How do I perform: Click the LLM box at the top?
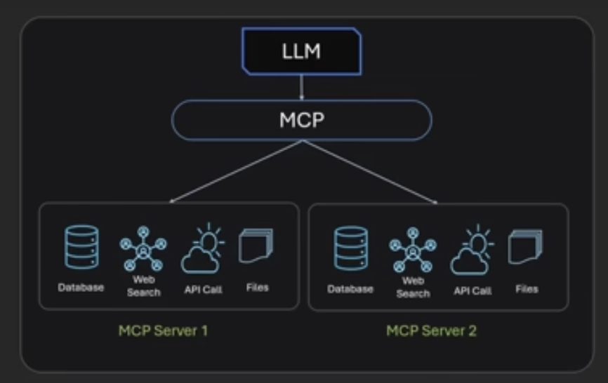(x=301, y=51)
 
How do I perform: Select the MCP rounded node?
(x=302, y=120)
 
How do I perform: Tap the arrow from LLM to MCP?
(x=302, y=88)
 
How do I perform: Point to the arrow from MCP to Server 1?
(x=236, y=172)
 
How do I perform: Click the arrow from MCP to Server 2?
(x=370, y=172)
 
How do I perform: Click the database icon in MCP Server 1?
(x=81, y=247)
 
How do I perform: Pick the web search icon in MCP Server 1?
(x=143, y=248)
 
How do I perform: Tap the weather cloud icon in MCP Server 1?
(x=202, y=248)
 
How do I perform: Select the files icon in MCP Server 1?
(x=256, y=246)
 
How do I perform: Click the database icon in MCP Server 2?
(x=351, y=248)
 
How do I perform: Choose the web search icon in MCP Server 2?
(x=413, y=250)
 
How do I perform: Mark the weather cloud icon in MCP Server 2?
(x=472, y=250)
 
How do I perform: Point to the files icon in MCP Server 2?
(x=525, y=247)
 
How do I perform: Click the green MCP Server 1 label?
(x=163, y=330)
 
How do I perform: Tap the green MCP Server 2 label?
(x=431, y=330)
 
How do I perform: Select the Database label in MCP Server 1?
(x=81, y=288)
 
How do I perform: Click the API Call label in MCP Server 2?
(x=472, y=291)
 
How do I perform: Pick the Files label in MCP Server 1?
(x=258, y=288)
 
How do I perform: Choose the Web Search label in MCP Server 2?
(x=413, y=287)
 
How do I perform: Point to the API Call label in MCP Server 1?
(x=203, y=290)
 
